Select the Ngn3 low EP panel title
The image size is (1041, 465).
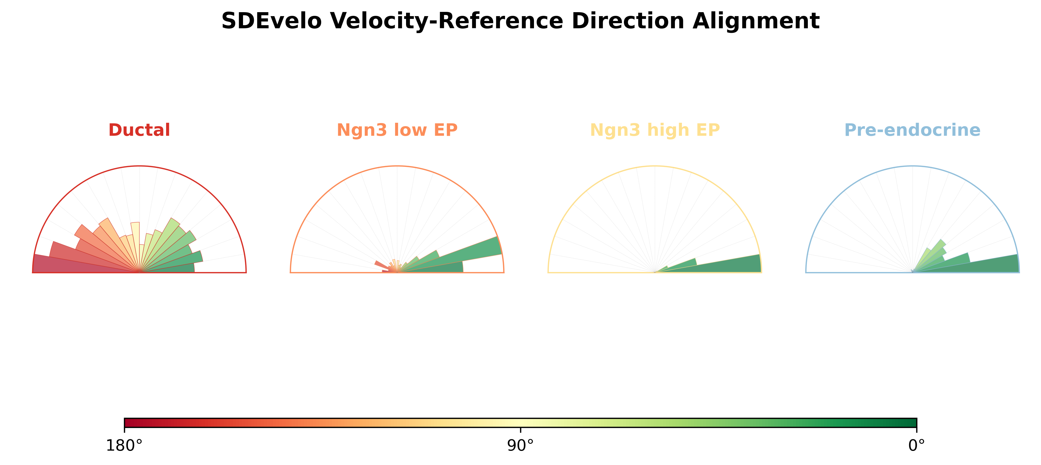click(x=397, y=130)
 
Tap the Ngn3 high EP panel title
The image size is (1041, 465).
click(x=655, y=130)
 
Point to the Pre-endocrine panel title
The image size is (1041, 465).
click(x=913, y=130)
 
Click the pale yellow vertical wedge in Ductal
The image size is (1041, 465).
click(x=135, y=246)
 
